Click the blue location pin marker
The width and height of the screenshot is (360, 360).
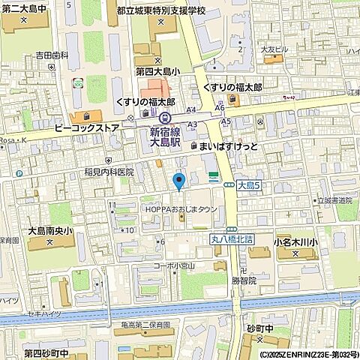click(x=178, y=181)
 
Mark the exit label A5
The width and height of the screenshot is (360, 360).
click(x=225, y=121)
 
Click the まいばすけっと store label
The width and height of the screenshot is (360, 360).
click(x=228, y=146)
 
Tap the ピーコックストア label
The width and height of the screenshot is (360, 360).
click(x=87, y=128)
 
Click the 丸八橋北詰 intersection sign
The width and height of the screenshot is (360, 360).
click(x=231, y=239)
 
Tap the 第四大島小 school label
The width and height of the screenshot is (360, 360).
click(x=157, y=71)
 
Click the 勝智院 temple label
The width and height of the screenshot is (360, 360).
click(x=244, y=279)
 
